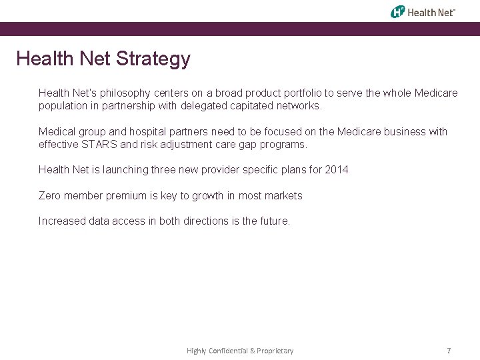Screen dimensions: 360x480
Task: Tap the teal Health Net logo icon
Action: pos(398,11)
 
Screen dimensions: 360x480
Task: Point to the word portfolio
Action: pos(301,93)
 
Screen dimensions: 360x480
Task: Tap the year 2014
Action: pos(337,170)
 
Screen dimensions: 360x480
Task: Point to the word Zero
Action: pos(51,196)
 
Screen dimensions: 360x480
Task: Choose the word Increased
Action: pos(62,221)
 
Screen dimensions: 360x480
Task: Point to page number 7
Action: pos(449,351)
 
